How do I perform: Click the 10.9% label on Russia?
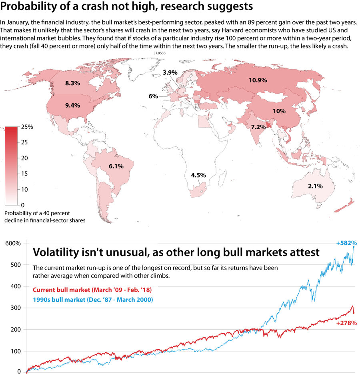coord(258,80)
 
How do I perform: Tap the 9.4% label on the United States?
coord(72,106)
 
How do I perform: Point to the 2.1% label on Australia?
coord(315,186)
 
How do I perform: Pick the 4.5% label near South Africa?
coord(198,175)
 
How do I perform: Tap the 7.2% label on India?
coord(258,127)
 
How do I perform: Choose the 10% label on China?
coord(279,111)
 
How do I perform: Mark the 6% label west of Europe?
coord(153,96)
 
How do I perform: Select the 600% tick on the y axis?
coord(13,243)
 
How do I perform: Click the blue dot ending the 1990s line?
coord(354,247)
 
